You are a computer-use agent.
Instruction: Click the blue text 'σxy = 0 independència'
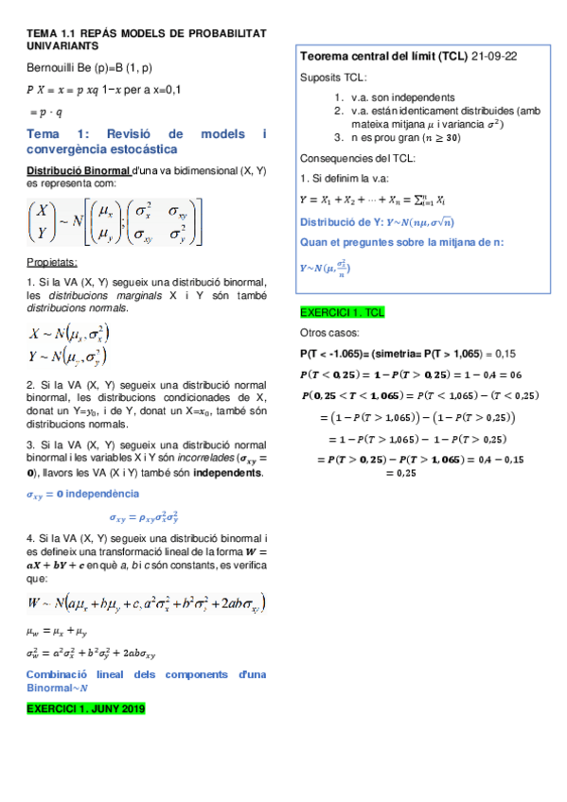coord(80,495)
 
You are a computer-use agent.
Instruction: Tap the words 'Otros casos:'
coord(326,333)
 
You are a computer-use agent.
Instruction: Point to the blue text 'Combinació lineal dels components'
coord(142,673)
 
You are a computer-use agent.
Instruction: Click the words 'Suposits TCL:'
coord(333,78)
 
